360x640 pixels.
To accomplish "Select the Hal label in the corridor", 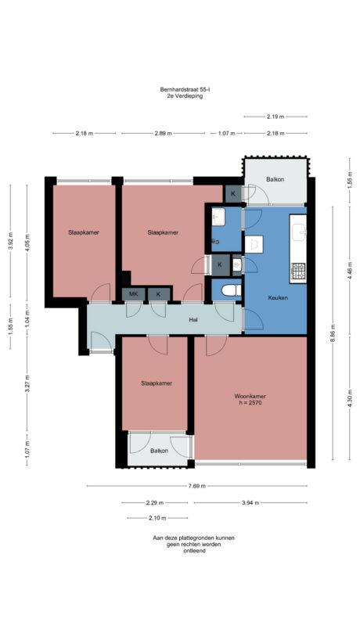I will click(193, 320).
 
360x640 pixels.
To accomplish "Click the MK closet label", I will click(133, 294).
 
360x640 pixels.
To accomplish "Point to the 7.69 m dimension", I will click(197, 486).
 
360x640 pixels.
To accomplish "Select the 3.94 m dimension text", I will click(251, 502).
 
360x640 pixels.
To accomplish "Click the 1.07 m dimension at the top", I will click(226, 134).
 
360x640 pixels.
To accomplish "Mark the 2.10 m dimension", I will click(157, 518).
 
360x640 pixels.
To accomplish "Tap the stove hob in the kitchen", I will click(298, 271).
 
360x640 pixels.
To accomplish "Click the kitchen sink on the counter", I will click(298, 232).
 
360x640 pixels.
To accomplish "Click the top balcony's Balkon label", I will click(275, 180).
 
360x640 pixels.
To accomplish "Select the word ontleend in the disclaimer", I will click(194, 551).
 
